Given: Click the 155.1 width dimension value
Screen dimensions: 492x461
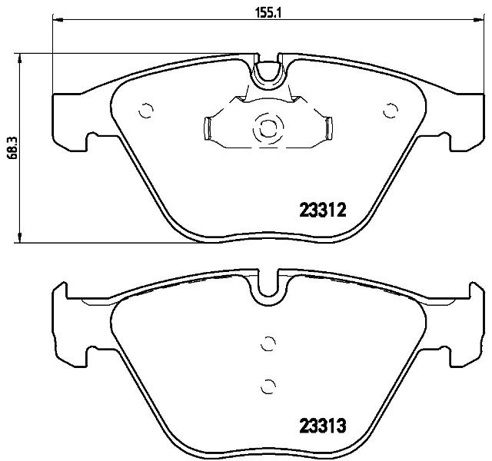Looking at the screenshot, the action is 268,13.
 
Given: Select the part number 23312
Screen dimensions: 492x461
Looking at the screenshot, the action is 323,210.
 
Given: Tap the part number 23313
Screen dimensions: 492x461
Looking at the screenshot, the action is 323,426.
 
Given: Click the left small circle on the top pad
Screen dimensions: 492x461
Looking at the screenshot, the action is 146,111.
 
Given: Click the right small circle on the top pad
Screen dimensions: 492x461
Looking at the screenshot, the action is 391,111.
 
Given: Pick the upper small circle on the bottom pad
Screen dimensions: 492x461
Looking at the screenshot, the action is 268,343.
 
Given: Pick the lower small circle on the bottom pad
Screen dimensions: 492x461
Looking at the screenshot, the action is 268,386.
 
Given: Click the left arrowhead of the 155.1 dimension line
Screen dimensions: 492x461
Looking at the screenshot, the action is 58,20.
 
